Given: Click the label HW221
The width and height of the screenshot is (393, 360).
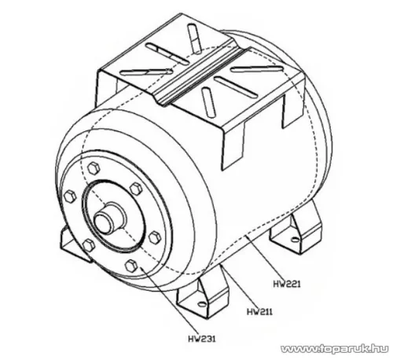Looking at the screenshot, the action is click(x=287, y=284).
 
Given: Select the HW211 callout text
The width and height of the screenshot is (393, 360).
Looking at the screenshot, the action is click(x=259, y=311).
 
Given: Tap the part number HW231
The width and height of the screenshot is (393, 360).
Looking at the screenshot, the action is click(x=202, y=339).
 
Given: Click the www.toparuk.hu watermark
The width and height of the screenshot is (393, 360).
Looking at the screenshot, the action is click(x=335, y=349).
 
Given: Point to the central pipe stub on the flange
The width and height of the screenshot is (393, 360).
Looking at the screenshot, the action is click(x=108, y=219).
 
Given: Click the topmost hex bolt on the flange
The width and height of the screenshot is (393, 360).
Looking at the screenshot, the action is click(x=94, y=168).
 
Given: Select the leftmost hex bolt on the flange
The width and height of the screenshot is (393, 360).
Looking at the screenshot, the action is click(x=70, y=197).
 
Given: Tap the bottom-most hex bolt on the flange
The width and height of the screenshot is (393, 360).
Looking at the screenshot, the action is click(x=131, y=266).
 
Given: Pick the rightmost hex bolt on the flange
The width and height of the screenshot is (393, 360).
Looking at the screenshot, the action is click(x=155, y=237).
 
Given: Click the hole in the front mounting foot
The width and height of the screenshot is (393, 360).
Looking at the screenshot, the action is click(x=202, y=304).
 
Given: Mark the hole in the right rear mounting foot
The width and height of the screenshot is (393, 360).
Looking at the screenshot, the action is click(x=295, y=239).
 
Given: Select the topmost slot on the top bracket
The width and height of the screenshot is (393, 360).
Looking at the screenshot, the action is click(x=195, y=39).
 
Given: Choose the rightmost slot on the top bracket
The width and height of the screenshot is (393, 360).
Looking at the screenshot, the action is click(x=257, y=69).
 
